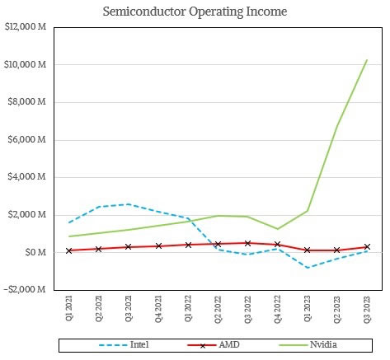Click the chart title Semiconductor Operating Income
(x=195, y=12)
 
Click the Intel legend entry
(x=124, y=344)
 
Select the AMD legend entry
(x=214, y=344)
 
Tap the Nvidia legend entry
(x=308, y=344)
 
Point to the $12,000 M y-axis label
(x=26, y=27)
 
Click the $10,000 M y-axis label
(x=26, y=64)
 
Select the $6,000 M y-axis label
(x=26, y=139)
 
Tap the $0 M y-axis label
(x=35, y=252)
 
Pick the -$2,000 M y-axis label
(x=25, y=289)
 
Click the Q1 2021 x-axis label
(x=68, y=308)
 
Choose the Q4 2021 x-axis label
(x=158, y=308)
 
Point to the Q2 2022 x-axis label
(x=218, y=309)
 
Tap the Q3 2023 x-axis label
(x=367, y=309)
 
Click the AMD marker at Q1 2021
(x=68, y=250)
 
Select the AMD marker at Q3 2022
(x=247, y=243)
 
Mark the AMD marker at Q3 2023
(x=367, y=246)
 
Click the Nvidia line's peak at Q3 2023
(x=367, y=60)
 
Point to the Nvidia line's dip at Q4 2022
(x=277, y=229)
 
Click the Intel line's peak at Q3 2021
(x=129, y=204)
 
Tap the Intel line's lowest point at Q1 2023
(x=308, y=268)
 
